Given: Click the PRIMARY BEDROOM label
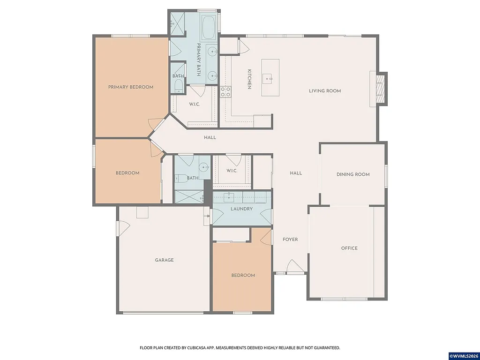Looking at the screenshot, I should (x=131, y=87).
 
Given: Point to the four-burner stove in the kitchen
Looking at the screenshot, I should (x=225, y=91).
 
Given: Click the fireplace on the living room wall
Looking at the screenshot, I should (x=381, y=89).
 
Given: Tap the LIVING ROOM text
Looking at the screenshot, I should (x=325, y=91).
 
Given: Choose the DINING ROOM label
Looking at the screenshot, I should (x=353, y=174).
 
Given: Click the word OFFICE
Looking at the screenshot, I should (x=349, y=248).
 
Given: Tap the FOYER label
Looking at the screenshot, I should (x=290, y=240).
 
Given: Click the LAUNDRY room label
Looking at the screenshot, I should (x=242, y=209).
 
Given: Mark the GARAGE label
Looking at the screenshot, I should (x=165, y=260).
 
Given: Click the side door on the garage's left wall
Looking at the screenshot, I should (x=122, y=228).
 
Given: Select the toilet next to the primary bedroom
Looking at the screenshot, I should (x=178, y=86).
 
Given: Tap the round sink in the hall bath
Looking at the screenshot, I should (x=203, y=167).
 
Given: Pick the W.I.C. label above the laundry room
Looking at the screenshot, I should (x=232, y=171).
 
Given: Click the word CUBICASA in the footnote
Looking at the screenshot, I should (x=196, y=348).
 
